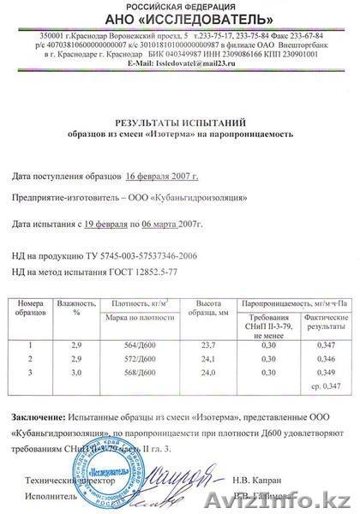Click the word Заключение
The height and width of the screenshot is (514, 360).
pos(39,415)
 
